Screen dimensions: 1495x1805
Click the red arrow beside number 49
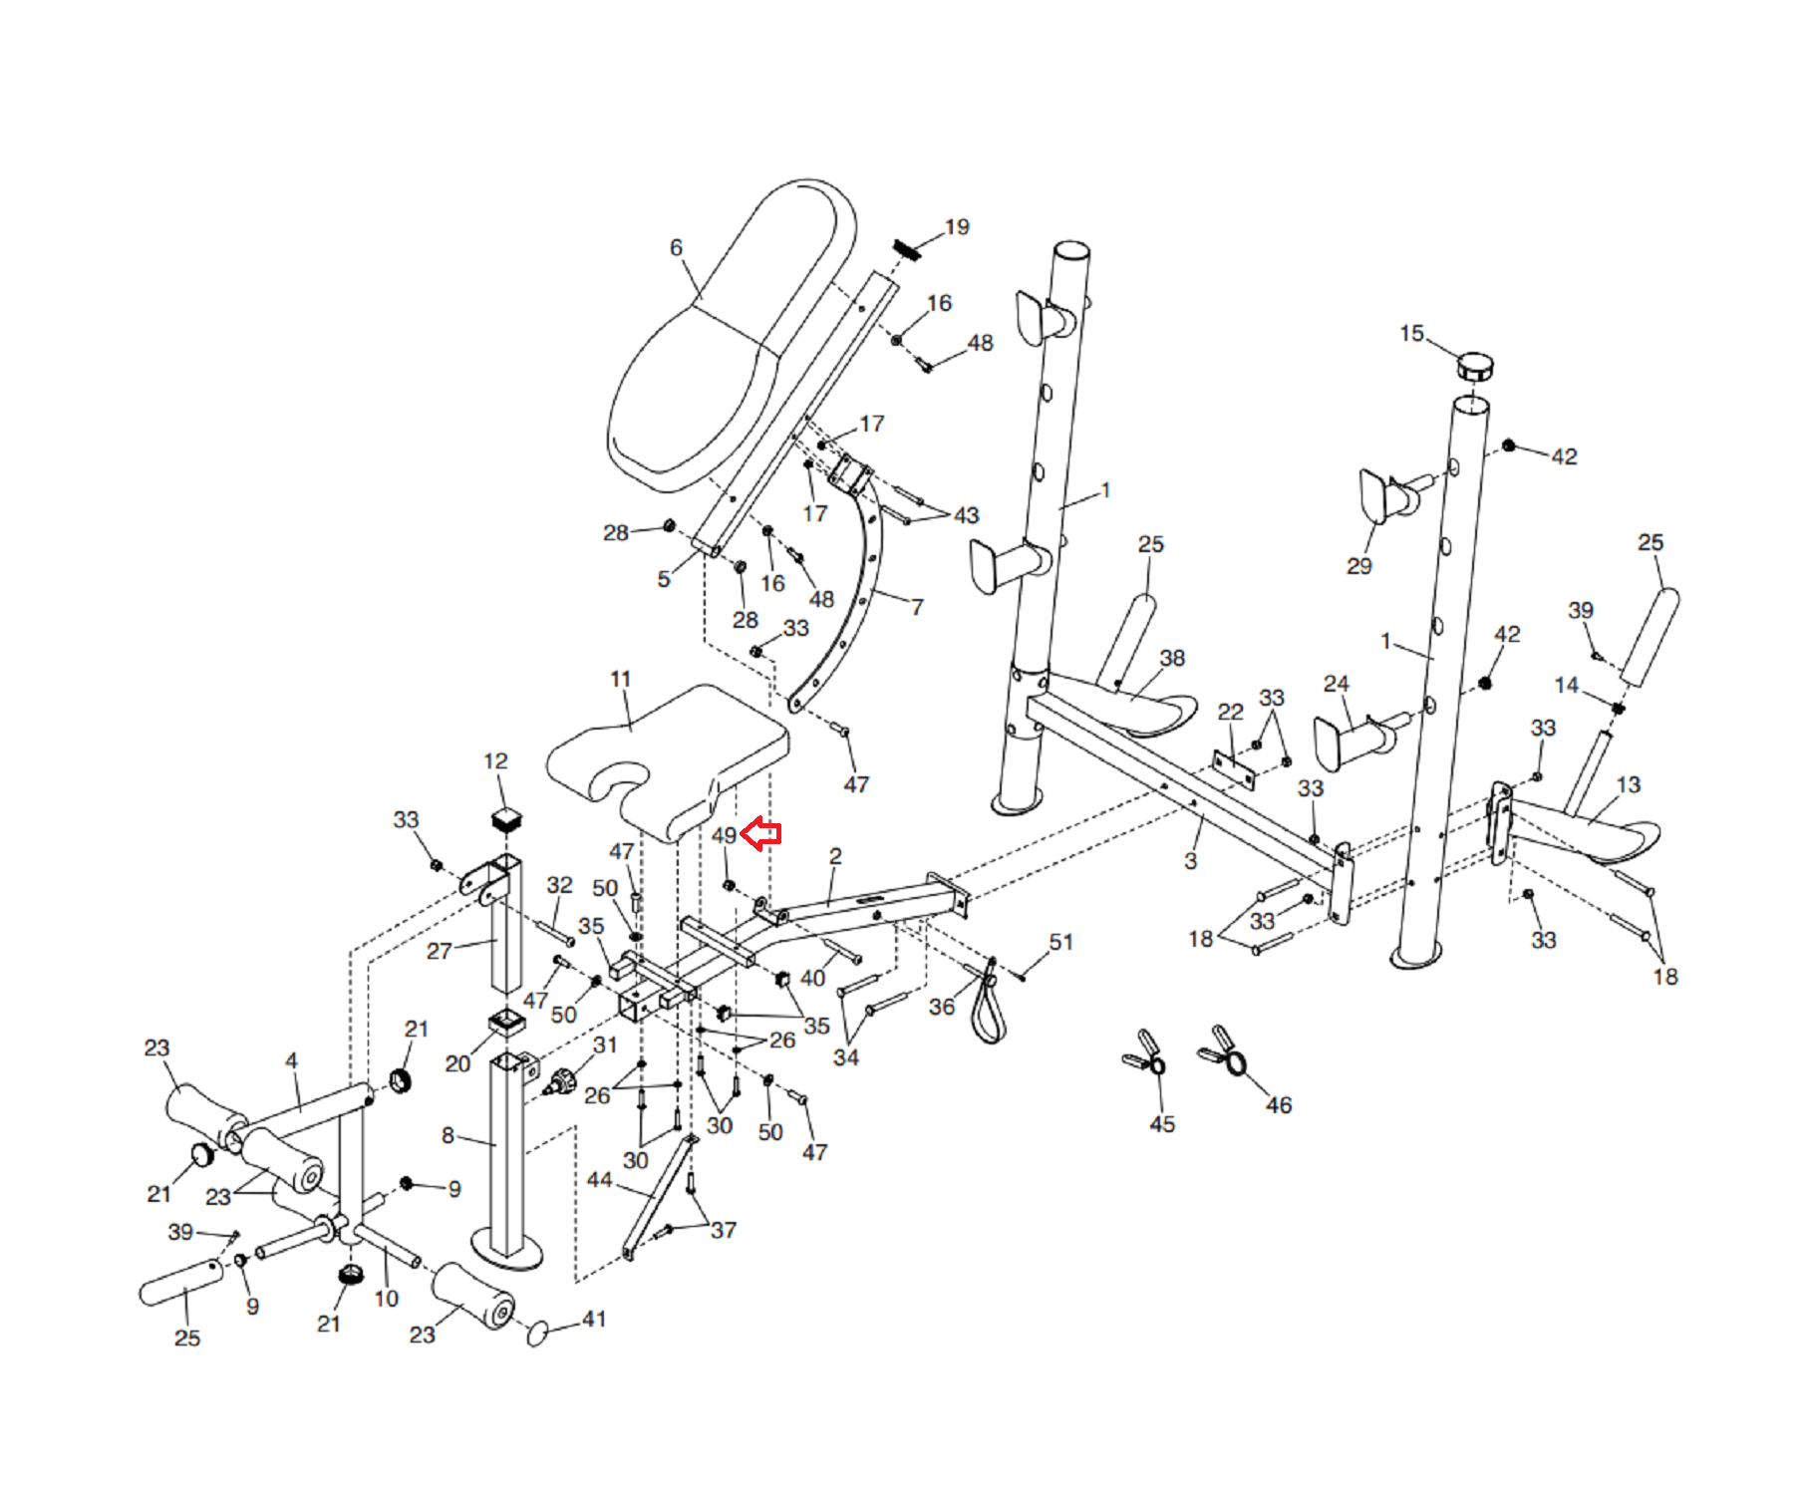point(762,833)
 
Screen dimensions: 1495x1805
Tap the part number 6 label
point(676,247)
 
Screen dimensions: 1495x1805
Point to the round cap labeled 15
point(1475,367)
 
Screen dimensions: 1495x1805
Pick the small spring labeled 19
point(907,249)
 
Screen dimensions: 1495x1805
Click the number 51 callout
point(1060,942)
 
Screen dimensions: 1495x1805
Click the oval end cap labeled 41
point(538,1332)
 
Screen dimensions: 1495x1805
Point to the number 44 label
point(599,1180)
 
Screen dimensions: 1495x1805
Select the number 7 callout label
point(917,606)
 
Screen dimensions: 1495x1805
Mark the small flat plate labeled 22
point(1235,766)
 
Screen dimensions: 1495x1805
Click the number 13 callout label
point(1628,784)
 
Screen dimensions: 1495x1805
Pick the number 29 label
point(1358,566)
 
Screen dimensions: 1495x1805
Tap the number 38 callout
point(1172,658)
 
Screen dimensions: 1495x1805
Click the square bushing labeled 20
point(507,1022)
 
